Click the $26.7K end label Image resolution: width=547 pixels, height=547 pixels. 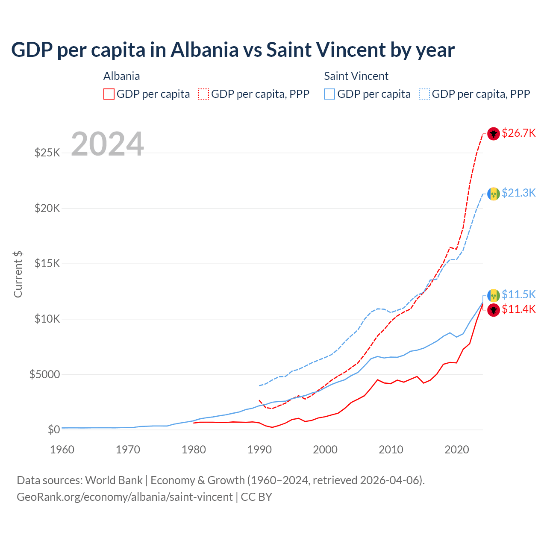coord(518,133)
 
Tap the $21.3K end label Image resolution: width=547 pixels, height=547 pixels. coord(518,193)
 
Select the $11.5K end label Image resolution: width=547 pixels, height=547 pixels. coord(518,294)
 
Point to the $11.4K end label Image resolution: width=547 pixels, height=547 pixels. coord(518,309)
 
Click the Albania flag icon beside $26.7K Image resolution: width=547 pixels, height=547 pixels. coord(494,134)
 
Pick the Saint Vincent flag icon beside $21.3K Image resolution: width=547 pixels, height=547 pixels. coord(494,194)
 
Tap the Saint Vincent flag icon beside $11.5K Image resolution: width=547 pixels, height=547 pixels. coord(494,295)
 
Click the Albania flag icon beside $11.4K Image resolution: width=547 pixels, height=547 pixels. coord(494,310)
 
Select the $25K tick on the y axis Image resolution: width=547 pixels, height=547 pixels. coord(47,153)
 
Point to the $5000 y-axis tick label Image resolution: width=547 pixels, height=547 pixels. coord(44,374)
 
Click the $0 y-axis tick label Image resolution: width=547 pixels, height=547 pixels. coord(53,429)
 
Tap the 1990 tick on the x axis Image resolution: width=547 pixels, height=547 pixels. coord(259,450)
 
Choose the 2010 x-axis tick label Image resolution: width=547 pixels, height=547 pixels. coord(391,450)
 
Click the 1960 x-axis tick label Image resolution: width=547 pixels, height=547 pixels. coord(62,450)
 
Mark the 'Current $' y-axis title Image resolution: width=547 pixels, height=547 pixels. coord(18,274)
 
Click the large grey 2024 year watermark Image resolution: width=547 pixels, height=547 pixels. coord(107,144)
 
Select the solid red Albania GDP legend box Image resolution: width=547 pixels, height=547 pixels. coord(109,94)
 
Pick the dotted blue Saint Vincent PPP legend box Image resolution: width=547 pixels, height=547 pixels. coord(424,94)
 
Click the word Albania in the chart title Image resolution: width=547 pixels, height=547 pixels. coord(204,50)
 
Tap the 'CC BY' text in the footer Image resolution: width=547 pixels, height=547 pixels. coord(256,497)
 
